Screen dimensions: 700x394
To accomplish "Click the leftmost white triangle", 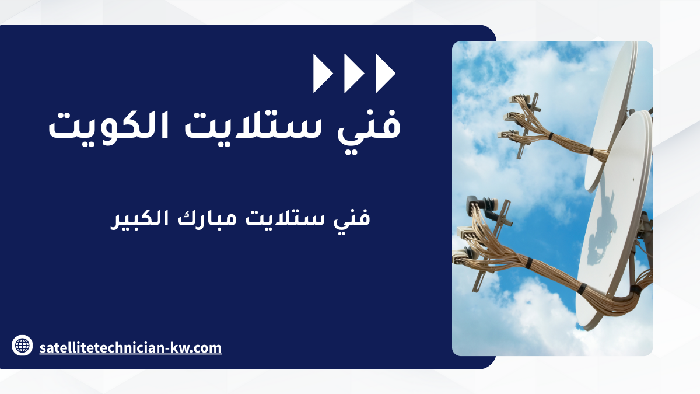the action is pyautogui.click(x=322, y=74).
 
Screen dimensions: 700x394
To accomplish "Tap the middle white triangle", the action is pyautogui.click(x=353, y=74).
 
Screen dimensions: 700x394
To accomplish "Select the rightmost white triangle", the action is pyautogui.click(x=384, y=74).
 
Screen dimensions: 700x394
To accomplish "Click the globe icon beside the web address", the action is pyautogui.click(x=22, y=345).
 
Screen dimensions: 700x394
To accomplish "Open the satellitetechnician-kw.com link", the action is pyautogui.click(x=130, y=348).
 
